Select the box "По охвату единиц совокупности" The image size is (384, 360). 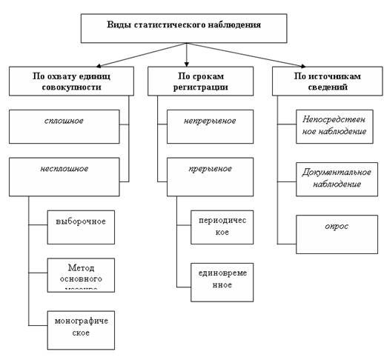[x=71, y=81]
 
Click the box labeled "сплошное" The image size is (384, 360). [x=64, y=126]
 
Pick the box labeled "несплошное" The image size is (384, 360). [x=64, y=176]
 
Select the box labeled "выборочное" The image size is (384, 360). [x=81, y=227]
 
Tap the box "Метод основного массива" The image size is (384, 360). [x=81, y=275]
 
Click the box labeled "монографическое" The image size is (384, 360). [x=81, y=329]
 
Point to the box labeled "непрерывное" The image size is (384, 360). [x=210, y=126]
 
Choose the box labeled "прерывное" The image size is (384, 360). [x=210, y=176]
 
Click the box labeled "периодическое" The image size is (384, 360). [x=222, y=227]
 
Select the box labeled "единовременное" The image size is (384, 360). [x=222, y=281]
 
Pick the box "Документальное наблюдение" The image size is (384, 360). [x=337, y=179]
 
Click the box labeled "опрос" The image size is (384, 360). [x=337, y=233]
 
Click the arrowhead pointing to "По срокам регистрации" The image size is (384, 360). [x=186, y=64]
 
